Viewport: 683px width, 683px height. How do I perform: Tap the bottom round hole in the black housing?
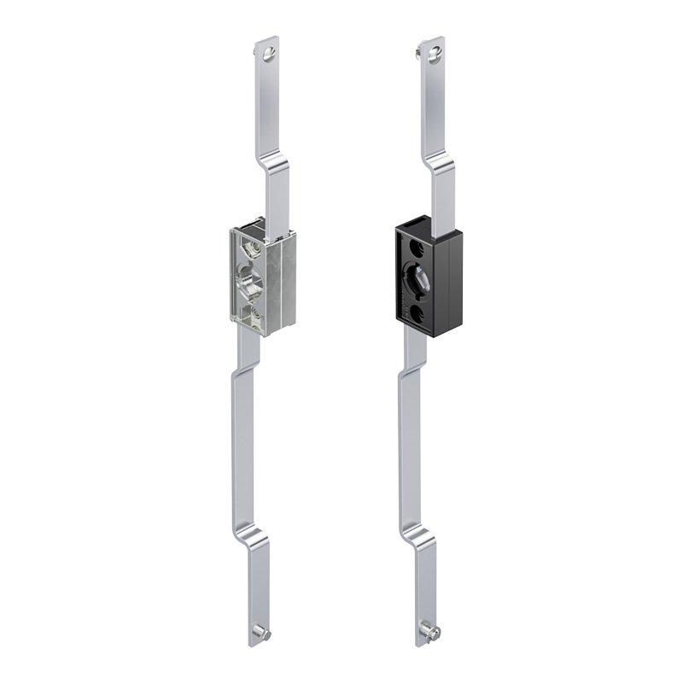pos(417,314)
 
